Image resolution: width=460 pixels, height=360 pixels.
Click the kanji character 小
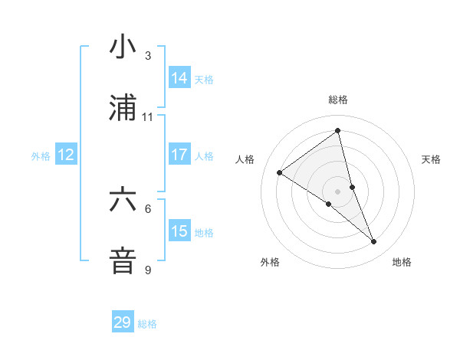(123, 47)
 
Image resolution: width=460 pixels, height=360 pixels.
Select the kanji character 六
(123, 200)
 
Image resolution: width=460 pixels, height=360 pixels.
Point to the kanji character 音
(123, 260)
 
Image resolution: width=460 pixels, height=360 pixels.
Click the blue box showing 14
(179, 78)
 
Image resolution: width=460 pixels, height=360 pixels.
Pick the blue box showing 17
(179, 155)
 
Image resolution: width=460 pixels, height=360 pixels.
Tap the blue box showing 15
(179, 231)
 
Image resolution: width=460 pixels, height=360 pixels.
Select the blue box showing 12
(66, 155)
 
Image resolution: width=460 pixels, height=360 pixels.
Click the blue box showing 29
(123, 322)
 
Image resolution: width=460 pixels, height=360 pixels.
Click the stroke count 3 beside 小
(148, 56)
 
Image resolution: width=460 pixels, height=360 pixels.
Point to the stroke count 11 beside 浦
(148, 117)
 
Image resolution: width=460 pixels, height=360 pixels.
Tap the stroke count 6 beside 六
(148, 208)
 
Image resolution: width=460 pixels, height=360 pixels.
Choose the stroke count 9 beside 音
(148, 270)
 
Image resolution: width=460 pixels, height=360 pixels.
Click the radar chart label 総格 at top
(338, 100)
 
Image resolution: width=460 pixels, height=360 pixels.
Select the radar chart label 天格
(431, 159)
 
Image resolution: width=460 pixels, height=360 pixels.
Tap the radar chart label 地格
(402, 262)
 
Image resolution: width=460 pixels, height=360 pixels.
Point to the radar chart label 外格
(270, 262)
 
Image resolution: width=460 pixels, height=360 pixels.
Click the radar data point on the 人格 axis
(280, 173)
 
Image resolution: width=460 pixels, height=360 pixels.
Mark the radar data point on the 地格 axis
(374, 242)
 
